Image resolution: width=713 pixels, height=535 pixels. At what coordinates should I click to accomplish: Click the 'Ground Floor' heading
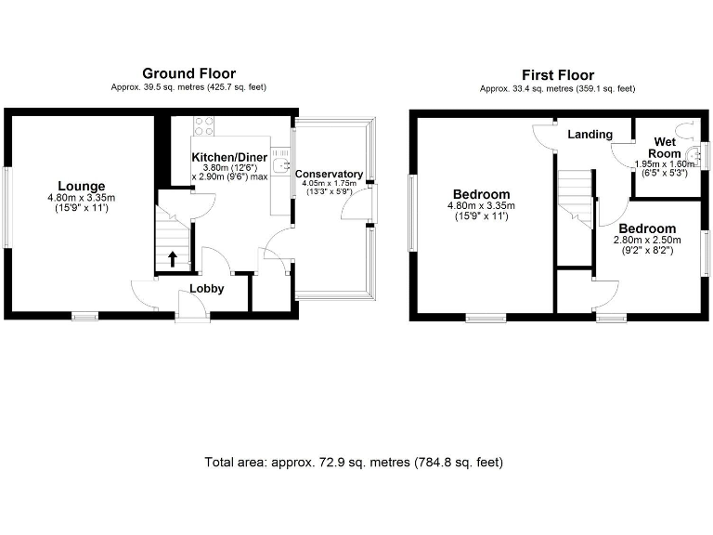coord(188,73)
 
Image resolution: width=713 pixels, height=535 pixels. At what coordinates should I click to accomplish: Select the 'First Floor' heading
coord(557,75)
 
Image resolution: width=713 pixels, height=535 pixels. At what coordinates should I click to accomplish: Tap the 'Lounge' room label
coord(81,186)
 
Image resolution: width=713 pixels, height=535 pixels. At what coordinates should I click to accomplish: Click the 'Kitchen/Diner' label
coord(229,157)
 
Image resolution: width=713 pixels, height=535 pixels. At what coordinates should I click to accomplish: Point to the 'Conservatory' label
coord(329,174)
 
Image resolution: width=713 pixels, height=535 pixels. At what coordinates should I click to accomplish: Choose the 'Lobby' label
coord(206,289)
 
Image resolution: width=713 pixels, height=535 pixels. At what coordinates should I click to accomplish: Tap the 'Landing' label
coord(590,135)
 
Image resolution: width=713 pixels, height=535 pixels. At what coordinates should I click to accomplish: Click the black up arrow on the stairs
coord(172,259)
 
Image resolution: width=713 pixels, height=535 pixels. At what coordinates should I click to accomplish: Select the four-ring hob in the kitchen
coord(205,125)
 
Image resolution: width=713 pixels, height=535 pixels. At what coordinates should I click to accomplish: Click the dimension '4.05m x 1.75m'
coord(329,184)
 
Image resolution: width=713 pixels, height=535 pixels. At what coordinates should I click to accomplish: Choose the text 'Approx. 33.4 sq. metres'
coord(519,89)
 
